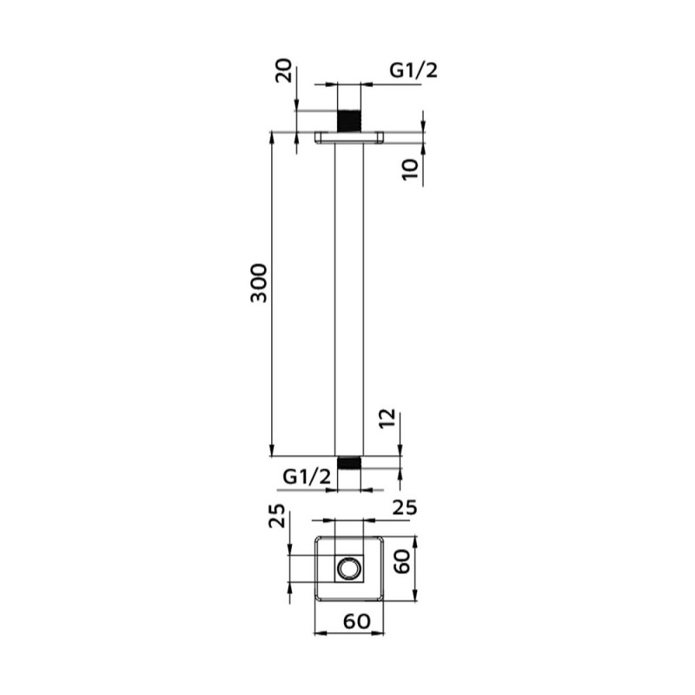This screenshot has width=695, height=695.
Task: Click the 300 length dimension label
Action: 259,283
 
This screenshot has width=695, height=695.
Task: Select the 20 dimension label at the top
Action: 284,70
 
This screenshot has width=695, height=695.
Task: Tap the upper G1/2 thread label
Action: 414,70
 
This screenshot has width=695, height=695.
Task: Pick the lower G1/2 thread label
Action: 307,477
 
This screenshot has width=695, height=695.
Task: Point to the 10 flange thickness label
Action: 410,169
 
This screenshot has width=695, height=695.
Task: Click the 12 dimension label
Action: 387,419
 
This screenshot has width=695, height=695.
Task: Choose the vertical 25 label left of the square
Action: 277,515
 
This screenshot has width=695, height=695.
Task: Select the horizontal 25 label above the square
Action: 405,508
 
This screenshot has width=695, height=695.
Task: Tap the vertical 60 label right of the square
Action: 403,562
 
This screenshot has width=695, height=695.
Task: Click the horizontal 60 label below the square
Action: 357,621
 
